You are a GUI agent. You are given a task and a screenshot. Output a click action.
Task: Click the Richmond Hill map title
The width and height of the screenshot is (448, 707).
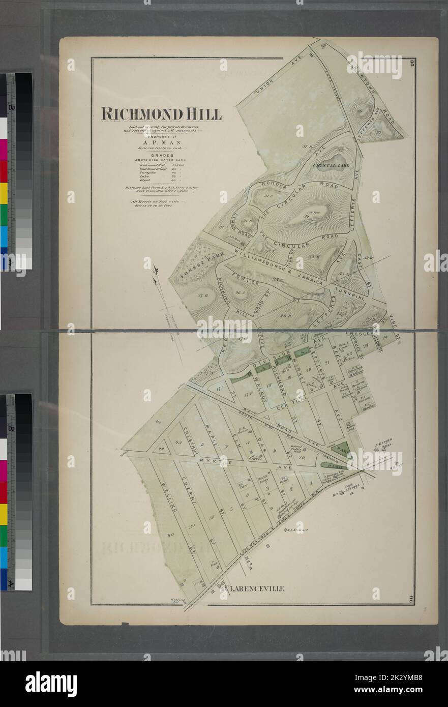(x=162, y=114)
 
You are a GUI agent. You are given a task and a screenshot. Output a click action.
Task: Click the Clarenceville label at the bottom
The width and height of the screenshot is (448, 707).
(x=252, y=588)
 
